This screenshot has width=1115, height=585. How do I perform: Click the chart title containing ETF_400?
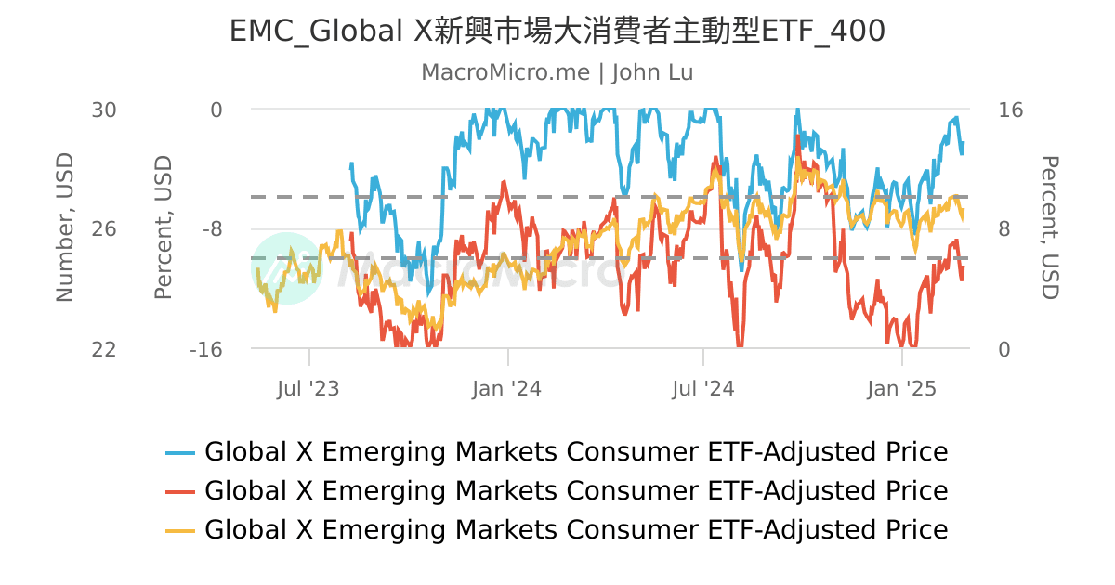557,32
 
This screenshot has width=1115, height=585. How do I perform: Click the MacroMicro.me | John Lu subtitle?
557,72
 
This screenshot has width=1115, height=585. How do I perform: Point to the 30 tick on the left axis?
104,110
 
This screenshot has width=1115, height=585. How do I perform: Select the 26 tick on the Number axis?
104,229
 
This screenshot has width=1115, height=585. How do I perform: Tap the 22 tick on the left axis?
104,349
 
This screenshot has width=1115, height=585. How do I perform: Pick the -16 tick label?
205,349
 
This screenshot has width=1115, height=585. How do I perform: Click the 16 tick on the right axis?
1010,110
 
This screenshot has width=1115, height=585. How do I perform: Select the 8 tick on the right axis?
1004,229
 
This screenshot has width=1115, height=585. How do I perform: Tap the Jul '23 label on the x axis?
308,388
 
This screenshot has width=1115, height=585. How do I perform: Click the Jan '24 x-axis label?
506,388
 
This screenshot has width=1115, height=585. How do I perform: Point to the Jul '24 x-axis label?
703,388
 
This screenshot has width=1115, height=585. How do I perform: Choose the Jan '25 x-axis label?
901,388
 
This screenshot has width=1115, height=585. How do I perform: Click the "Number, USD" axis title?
64,227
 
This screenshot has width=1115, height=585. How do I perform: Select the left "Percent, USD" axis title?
164,227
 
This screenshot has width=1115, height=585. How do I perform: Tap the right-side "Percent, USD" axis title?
1049,227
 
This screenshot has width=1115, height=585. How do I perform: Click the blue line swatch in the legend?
180,453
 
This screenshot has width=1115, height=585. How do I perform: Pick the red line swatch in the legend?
180,491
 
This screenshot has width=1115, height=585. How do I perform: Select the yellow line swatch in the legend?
180,530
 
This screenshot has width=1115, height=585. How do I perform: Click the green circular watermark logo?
285,267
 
